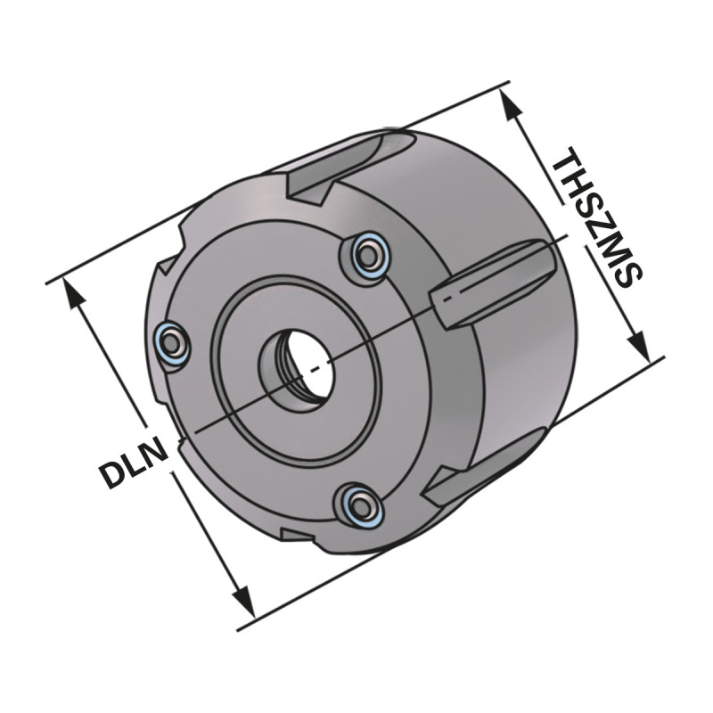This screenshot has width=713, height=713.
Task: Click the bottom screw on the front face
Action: point(361,506)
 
